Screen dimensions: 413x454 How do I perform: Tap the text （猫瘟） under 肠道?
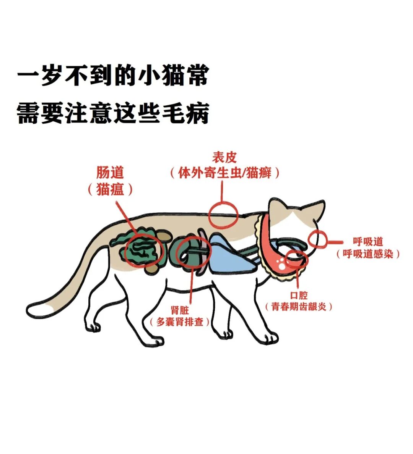click(x=110, y=189)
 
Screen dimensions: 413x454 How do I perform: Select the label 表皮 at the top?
click(x=224, y=158)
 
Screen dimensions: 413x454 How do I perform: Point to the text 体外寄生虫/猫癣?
click(x=225, y=173)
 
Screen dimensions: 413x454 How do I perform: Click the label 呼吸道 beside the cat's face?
click(x=368, y=241)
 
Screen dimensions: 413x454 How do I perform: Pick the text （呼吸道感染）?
click(x=368, y=254)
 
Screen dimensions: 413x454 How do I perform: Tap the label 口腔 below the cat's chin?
click(x=299, y=295)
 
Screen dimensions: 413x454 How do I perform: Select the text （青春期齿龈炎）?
click(x=299, y=307)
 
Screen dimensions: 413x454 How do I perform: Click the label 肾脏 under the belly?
click(x=180, y=310)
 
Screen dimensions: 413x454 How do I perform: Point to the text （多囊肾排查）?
click(x=180, y=322)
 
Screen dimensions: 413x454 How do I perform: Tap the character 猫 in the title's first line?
click(x=173, y=76)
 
